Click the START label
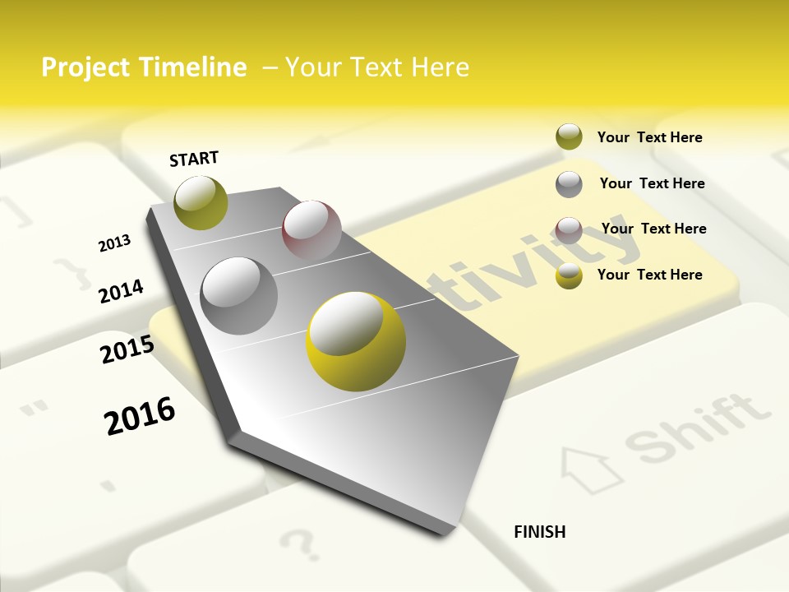pos(194,159)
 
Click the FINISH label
pos(539,532)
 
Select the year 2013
pos(114,243)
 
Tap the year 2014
pos(121,291)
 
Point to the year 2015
pos(127,349)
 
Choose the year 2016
pos(140,415)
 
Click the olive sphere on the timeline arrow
pos(201,202)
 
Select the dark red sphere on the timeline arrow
pos(311,229)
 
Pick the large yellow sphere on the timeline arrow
pos(356,342)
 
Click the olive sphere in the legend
pos(569,136)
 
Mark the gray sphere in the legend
pos(569,184)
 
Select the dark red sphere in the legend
pos(569,229)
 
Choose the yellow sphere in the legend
pos(569,275)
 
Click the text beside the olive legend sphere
pos(649,137)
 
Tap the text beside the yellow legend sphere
pos(649,275)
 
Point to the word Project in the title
pos(81,67)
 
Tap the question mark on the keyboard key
pos(298,543)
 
